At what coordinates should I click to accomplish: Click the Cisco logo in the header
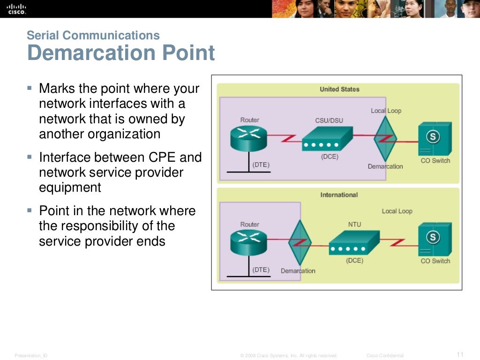[17, 8]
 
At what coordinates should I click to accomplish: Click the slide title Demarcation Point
[121, 53]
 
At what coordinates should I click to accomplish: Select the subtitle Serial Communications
[93, 35]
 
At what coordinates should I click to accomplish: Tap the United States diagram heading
[339, 89]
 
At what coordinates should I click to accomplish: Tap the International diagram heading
[339, 195]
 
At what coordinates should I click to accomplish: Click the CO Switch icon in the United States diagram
[434, 138]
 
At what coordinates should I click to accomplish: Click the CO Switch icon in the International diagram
[434, 239]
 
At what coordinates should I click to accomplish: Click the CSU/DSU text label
[329, 120]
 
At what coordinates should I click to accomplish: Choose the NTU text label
[354, 225]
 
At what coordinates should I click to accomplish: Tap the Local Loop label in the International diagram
[397, 211]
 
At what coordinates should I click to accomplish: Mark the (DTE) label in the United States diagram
[261, 165]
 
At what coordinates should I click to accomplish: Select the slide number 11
[460, 354]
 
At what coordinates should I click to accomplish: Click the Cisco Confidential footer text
[385, 356]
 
